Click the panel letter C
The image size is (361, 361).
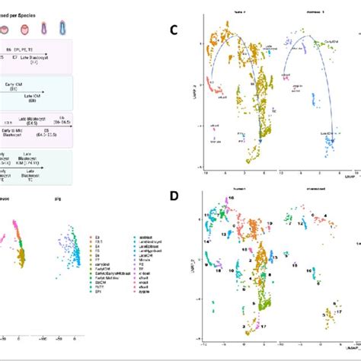pyautogui.click(x=174, y=31)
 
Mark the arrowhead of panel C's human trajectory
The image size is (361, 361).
pyautogui.click(x=260, y=140)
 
